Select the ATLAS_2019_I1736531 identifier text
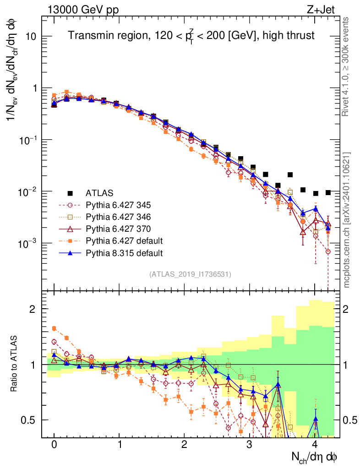point(190,274)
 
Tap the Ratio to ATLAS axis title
point(14,364)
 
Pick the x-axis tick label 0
point(54,445)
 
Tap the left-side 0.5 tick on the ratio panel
point(30,420)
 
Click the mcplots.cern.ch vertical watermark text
point(347,220)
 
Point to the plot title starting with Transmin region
point(191,36)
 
